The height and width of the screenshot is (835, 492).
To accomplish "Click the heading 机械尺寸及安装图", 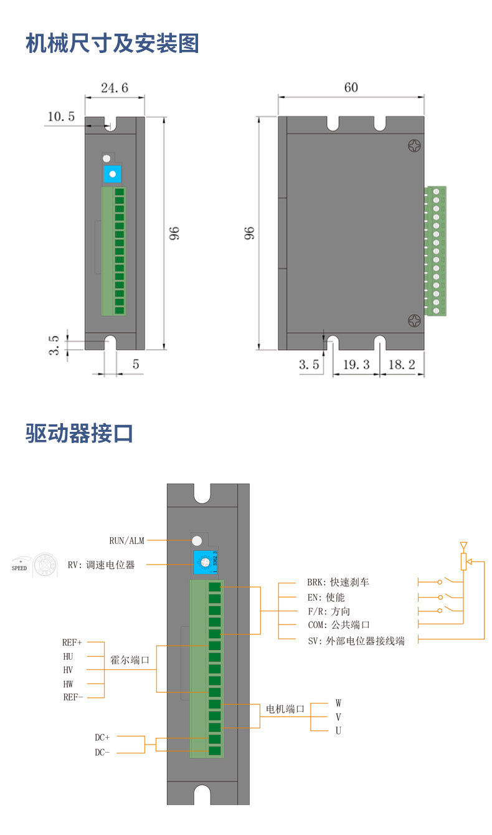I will (112, 44).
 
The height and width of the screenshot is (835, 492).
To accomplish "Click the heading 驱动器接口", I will (80, 432).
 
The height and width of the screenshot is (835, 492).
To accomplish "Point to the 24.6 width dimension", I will (115, 88).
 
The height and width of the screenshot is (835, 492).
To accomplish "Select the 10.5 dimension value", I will (61, 116).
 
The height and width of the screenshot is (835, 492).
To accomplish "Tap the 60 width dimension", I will (351, 87).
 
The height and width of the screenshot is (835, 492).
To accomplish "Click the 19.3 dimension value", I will (356, 365).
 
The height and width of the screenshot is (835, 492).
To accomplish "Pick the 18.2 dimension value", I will (402, 365).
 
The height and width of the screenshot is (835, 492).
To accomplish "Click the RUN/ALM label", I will (126, 541).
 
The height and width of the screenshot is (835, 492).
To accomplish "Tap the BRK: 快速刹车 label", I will (338, 582).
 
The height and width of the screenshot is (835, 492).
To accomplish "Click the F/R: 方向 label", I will (328, 611).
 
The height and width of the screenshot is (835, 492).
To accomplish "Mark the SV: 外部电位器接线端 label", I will (356, 641).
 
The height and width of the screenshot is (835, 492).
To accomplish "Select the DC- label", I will (102, 752).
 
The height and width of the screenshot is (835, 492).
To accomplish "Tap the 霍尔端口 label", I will (130, 660).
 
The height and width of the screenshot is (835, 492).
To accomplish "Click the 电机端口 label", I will (285, 709).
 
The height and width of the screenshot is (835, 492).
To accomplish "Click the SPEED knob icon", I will (45, 564).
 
